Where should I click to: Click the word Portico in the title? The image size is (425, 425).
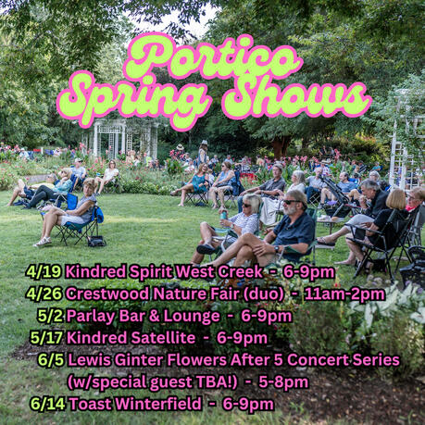(x=213, y=56)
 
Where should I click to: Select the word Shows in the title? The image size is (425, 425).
(x=297, y=98)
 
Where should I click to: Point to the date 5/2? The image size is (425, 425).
(x=51, y=316)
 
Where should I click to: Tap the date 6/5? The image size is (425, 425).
(x=51, y=359)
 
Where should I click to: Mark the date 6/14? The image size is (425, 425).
(x=48, y=404)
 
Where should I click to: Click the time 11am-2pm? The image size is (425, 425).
(x=344, y=294)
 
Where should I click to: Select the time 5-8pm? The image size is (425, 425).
(x=283, y=382)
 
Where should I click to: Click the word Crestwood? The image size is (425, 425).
(x=108, y=294)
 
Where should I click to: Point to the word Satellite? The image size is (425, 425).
(x=161, y=338)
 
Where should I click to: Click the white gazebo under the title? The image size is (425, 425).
(x=124, y=139)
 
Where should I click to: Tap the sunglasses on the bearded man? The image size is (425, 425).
(x=292, y=202)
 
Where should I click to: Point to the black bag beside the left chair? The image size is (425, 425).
(x=96, y=241)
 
